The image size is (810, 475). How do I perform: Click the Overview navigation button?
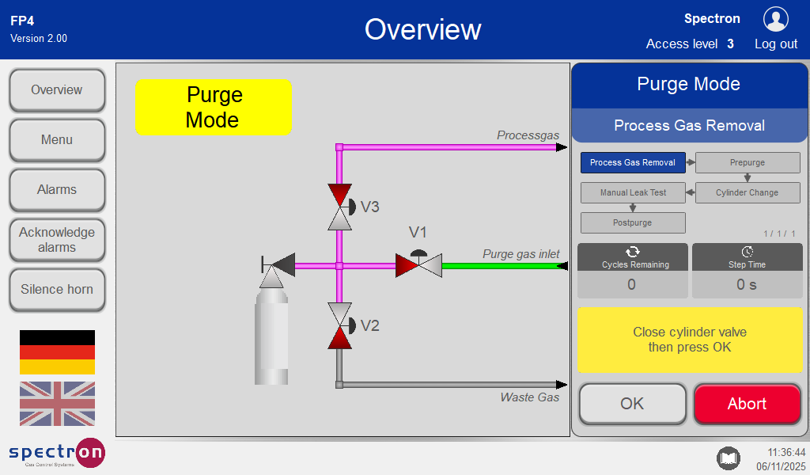(x=57, y=90)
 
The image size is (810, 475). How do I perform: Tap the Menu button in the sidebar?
(x=57, y=140)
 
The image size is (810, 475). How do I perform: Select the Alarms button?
(x=57, y=190)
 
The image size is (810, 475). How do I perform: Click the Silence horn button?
(x=57, y=290)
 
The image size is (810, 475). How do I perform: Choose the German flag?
(x=57, y=352)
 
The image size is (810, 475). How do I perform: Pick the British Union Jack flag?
(x=57, y=404)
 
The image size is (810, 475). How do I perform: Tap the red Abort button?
(x=747, y=405)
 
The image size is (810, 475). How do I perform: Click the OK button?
(x=632, y=405)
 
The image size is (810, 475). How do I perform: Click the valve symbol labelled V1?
(x=418, y=264)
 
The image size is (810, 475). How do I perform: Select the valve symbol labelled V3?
(x=340, y=207)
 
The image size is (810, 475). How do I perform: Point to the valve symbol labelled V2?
(x=340, y=325)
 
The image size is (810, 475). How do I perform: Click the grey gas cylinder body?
(x=271, y=340)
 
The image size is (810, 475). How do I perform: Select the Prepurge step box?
(x=748, y=163)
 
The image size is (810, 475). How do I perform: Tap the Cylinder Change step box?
(x=748, y=192)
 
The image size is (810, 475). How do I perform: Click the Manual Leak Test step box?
(x=633, y=192)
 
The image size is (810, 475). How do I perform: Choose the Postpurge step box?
(x=633, y=222)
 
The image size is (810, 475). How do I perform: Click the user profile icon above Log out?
(x=775, y=19)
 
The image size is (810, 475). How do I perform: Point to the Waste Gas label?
(x=529, y=397)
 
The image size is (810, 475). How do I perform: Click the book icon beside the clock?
(x=728, y=458)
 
